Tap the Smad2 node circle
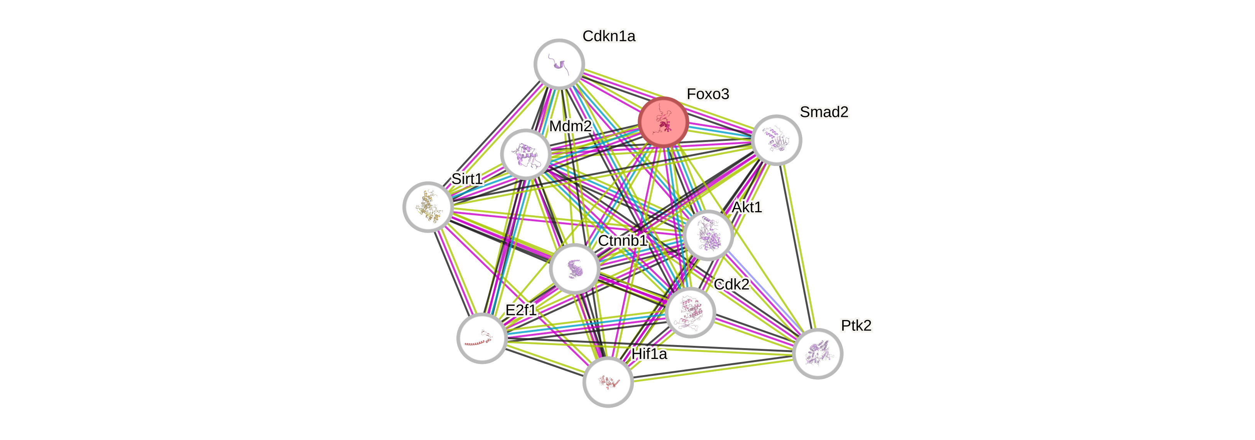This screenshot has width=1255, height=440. [776, 140]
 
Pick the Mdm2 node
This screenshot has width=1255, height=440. [526, 154]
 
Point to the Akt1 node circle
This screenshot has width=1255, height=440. [708, 235]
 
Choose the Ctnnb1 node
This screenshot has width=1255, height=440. [574, 269]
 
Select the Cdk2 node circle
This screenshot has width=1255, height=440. [690, 312]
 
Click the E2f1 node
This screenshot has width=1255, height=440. [482, 338]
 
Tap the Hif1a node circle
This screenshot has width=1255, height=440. [608, 382]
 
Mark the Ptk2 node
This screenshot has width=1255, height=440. [818, 353]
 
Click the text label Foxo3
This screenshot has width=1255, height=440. [708, 94]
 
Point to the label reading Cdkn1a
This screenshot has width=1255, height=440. [609, 36]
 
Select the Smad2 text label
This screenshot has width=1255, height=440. [824, 112]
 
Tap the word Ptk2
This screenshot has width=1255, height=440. [856, 325]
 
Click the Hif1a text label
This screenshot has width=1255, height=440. [649, 354]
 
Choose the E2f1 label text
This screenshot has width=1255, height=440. [521, 310]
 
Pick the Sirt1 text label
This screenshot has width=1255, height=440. [466, 179]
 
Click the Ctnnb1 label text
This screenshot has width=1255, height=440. [622, 241]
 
